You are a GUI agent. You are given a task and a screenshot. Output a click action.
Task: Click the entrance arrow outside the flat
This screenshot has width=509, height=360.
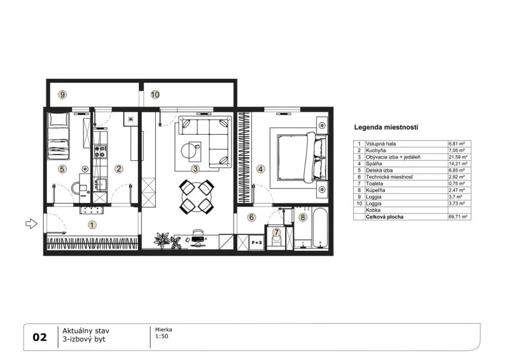[x=31, y=224]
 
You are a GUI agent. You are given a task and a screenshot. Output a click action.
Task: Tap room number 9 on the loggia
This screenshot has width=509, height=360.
[x=62, y=95]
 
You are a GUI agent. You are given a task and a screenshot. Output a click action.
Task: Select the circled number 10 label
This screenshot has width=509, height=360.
[x=155, y=95]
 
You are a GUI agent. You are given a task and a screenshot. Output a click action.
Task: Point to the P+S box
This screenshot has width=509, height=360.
[x=257, y=242]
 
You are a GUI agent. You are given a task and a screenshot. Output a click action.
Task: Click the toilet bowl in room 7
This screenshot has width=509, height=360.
[x=277, y=241]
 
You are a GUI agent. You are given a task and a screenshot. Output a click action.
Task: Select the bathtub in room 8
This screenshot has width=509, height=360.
[x=320, y=229]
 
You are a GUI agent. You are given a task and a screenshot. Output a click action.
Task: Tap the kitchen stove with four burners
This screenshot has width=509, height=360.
[x=100, y=151]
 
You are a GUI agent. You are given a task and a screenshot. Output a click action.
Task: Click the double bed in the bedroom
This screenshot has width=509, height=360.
[x=302, y=157]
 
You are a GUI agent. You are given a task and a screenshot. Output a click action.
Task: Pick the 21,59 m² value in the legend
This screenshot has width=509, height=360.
[x=458, y=157]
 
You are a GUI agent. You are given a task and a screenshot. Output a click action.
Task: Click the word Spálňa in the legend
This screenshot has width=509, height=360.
[x=374, y=163]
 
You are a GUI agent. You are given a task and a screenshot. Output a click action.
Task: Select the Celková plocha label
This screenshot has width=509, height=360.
[x=385, y=217]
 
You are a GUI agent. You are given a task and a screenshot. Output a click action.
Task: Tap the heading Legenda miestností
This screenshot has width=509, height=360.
[x=386, y=127]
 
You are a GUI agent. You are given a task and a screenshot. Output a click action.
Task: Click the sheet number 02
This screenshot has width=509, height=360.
[x=40, y=337]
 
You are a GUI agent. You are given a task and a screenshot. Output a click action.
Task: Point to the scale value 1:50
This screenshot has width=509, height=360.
[x=162, y=336]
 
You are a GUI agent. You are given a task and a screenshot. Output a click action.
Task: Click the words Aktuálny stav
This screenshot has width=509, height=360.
[x=86, y=331]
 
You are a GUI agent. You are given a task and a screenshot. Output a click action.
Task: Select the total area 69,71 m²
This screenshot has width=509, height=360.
[x=458, y=217]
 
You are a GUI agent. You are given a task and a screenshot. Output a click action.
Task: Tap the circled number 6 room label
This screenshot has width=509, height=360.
[x=251, y=217]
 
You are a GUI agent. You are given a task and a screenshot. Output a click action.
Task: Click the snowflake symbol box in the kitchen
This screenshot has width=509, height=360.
[x=131, y=119]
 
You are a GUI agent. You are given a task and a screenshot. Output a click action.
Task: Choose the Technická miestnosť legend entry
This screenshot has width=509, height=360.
[x=389, y=177]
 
